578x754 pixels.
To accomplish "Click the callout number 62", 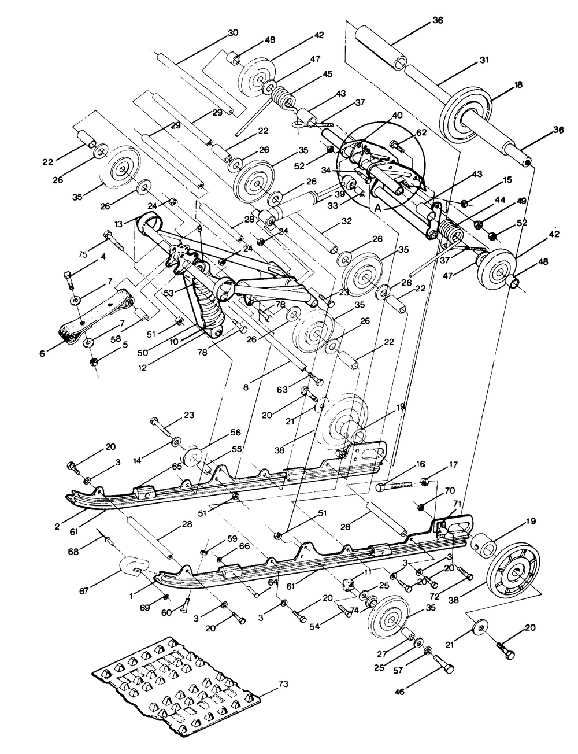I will (421, 132).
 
